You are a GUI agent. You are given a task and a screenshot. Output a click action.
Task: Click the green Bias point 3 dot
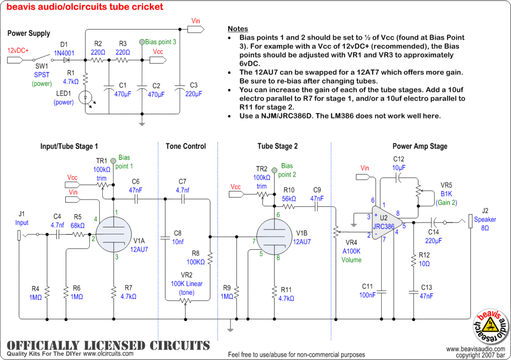click(142, 42)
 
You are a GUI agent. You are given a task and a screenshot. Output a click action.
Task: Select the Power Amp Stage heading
click(420, 146)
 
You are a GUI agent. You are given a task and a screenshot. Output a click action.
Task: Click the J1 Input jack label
click(22, 219)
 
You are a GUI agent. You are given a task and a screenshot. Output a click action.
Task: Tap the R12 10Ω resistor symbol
click(413, 260)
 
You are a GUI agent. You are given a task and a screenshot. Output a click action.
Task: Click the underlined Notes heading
click(238, 29)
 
